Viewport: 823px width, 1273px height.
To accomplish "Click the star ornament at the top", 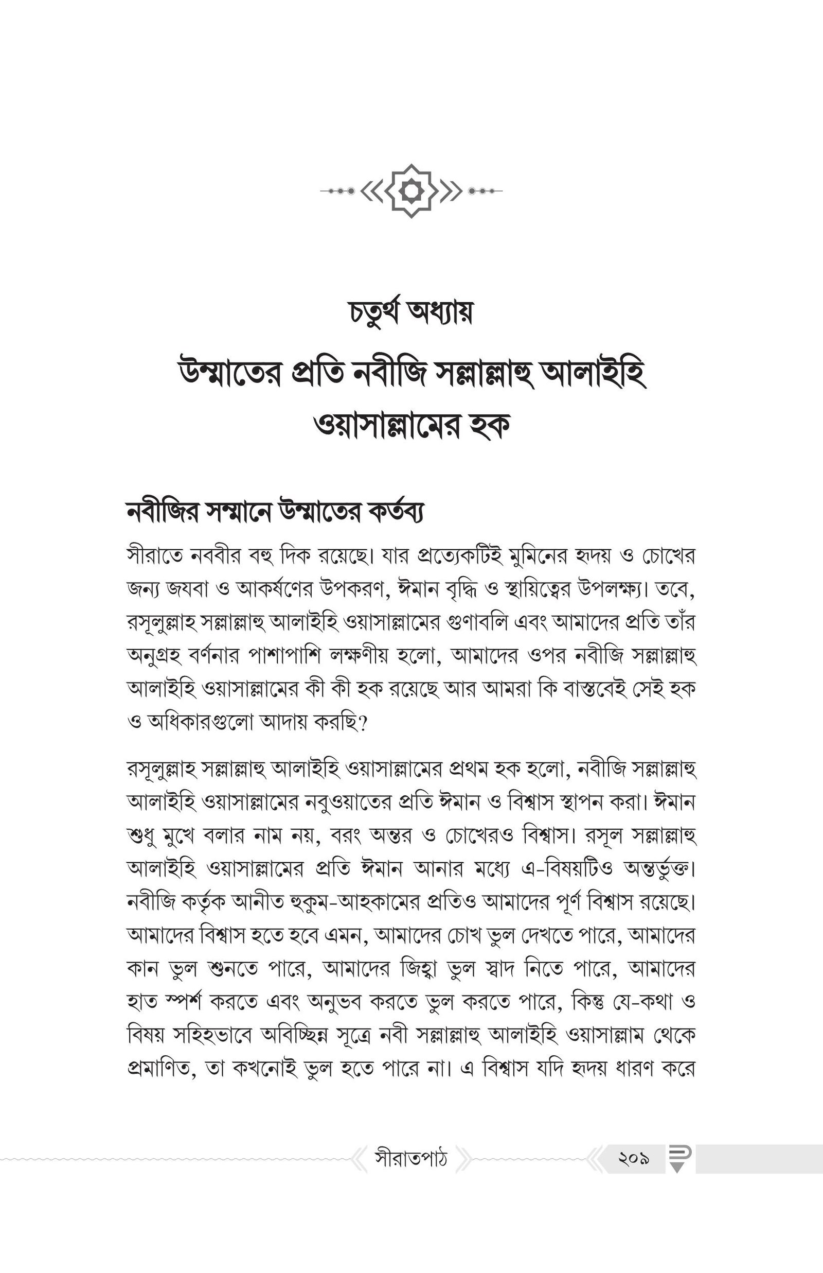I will click(x=411, y=191).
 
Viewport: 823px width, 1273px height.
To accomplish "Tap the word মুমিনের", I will click(x=549, y=556).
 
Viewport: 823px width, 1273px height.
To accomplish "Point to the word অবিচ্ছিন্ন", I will click(x=294, y=1036).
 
